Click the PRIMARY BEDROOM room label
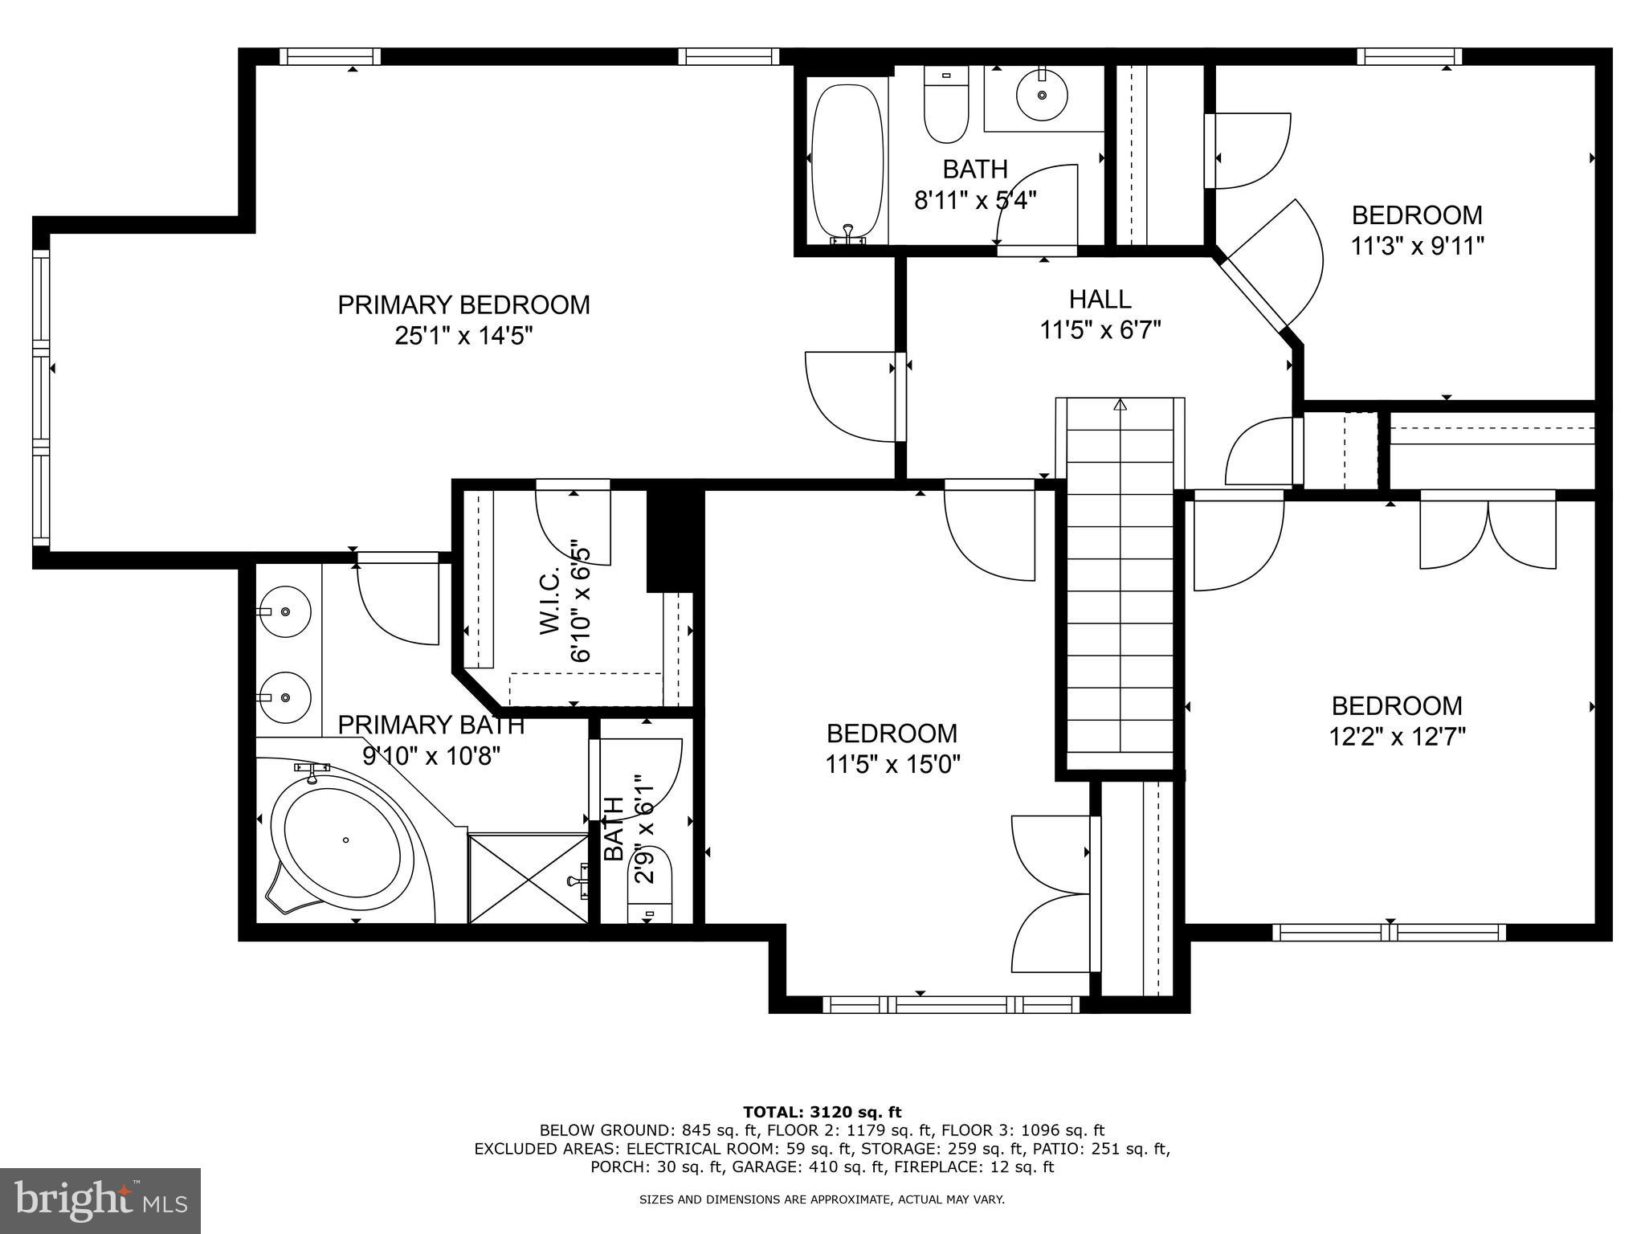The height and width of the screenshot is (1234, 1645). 463,305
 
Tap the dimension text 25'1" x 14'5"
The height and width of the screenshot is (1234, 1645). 463,336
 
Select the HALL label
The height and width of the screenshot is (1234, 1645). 1100,300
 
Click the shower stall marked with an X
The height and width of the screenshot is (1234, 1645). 528,879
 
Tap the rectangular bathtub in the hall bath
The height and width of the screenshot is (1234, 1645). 846,165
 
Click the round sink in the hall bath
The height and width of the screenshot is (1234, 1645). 1042,95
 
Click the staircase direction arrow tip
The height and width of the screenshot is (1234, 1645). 1120,404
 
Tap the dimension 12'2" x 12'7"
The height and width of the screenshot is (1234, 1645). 1397,737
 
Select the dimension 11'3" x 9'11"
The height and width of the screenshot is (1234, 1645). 1416,246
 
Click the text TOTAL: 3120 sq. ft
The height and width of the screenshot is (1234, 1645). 822,1113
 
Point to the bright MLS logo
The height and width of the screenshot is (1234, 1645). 100,1201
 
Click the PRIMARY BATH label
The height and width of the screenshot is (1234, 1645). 431,725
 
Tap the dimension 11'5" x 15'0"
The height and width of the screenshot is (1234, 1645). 892,764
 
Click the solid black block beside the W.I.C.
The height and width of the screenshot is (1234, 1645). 673,537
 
